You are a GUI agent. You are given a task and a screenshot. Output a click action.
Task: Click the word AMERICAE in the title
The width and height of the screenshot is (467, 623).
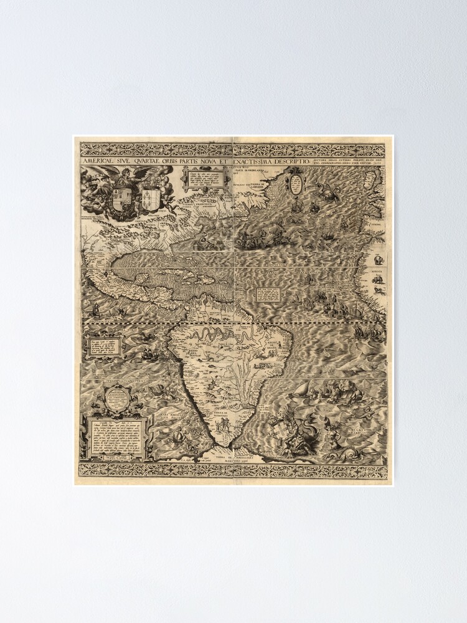97,161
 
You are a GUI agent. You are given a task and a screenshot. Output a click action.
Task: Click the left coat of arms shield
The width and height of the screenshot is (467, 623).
123,198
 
